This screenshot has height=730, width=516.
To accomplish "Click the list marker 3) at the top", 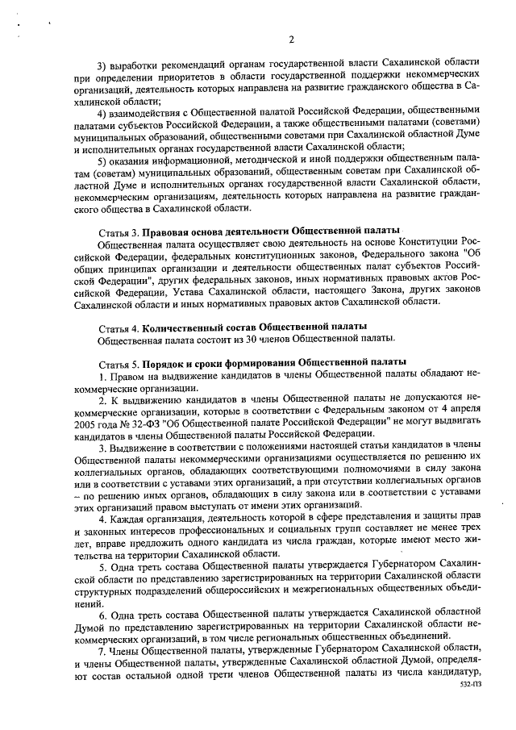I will (x=102, y=64).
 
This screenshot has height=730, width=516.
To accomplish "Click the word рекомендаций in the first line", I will (x=181, y=64).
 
